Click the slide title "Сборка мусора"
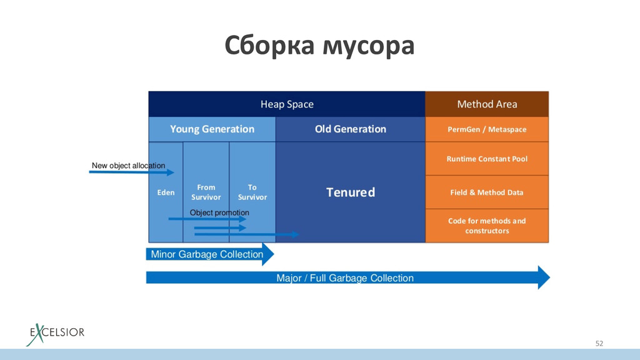click(x=319, y=45)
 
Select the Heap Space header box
click(x=287, y=104)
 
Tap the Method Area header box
click(x=487, y=104)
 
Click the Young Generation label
click(x=212, y=129)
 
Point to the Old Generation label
click(x=350, y=129)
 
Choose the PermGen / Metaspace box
click(x=487, y=129)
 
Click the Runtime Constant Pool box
click(x=487, y=159)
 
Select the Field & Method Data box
click(x=487, y=192)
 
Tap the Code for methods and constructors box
click(x=487, y=226)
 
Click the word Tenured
click(x=350, y=192)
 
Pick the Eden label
click(x=166, y=192)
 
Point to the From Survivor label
click(x=206, y=192)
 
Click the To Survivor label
click(x=252, y=192)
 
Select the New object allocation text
click(x=128, y=165)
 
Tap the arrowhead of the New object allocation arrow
click(x=170, y=172)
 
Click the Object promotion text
click(x=219, y=212)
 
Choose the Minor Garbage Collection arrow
click(x=210, y=254)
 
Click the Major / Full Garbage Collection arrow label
click(x=345, y=278)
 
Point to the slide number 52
click(x=599, y=343)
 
